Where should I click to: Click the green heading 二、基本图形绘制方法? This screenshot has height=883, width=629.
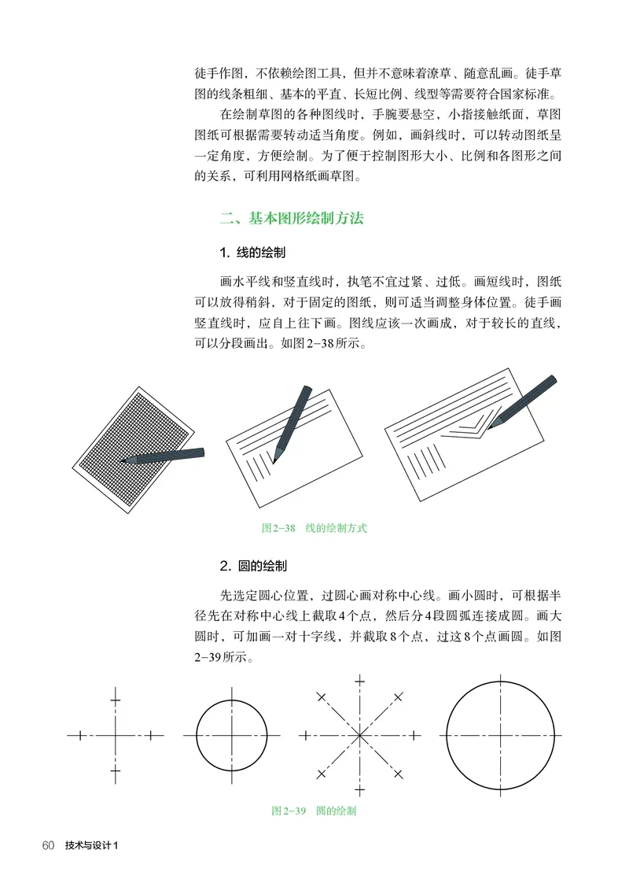[291, 218]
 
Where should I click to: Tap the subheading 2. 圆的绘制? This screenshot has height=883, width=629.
[252, 565]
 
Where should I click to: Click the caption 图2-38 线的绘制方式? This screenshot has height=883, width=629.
[314, 528]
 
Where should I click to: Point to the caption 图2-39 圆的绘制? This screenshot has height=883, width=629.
[314, 810]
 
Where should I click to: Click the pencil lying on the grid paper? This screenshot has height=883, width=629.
[165, 456]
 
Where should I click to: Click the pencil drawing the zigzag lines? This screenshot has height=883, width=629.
[523, 401]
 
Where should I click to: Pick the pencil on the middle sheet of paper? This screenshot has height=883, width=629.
[291, 421]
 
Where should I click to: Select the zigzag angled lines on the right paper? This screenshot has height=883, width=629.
[464, 429]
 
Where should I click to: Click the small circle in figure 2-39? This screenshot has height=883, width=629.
[232, 735]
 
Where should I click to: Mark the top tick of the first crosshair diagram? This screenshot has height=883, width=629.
[116, 696]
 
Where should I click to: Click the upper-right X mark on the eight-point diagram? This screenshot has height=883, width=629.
[399, 696]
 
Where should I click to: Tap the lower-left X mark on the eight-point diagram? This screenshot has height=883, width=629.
[321, 774]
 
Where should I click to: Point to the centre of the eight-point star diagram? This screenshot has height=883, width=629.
[359, 735]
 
